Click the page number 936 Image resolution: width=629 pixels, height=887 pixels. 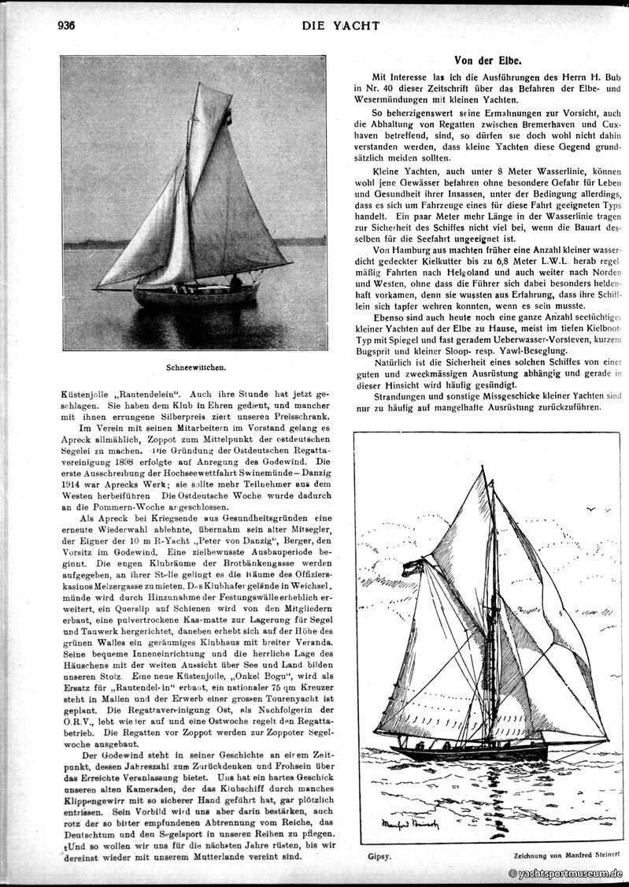[x=65, y=25]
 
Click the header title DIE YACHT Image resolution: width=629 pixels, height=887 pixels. [x=340, y=26]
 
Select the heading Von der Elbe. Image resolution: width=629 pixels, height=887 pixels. [x=489, y=60]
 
